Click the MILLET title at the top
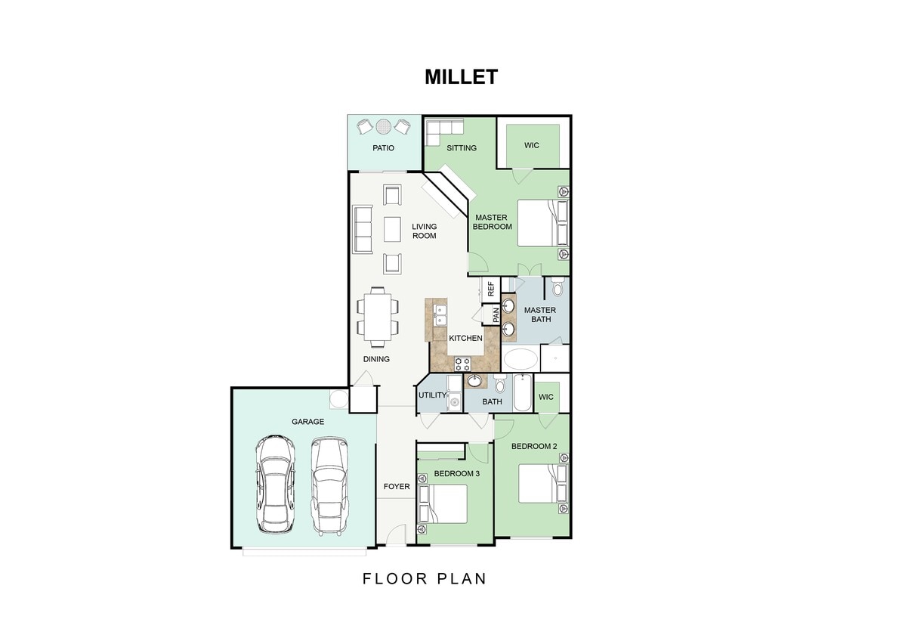point(461,77)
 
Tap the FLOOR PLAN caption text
point(424,579)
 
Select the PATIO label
point(384,148)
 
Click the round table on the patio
point(384,125)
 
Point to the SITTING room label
point(462,148)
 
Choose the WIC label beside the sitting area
point(532,145)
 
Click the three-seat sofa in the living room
point(363,230)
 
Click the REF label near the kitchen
point(490,288)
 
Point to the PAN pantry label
point(496,314)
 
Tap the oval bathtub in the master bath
point(521,359)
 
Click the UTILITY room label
point(433,395)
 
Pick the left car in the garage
point(274,483)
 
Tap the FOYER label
point(397,486)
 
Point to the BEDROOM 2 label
point(534,446)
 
